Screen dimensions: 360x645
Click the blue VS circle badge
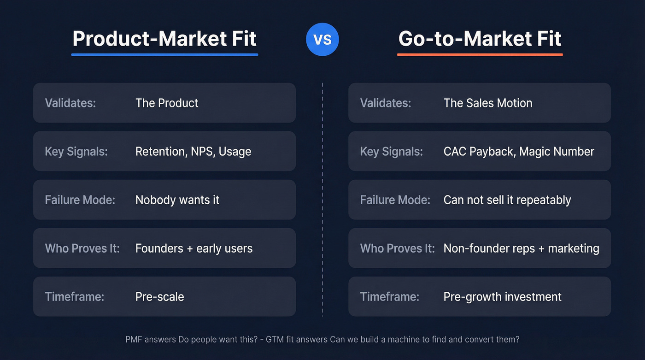[322, 39]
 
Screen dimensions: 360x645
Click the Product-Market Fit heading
[164, 38]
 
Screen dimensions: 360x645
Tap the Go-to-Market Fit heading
[480, 38]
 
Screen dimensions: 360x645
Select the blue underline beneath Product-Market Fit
[164, 54]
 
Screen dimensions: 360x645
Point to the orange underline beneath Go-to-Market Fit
[480, 54]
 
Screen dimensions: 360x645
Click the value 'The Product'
[167, 103]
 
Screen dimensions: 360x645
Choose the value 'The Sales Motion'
[487, 103]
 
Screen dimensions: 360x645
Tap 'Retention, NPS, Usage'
[193, 152]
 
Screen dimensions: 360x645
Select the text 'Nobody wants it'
[177, 200]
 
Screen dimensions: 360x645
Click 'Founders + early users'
[193, 248]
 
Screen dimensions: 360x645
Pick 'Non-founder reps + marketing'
[521, 248]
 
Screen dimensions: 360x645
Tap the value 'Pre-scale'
[159, 297]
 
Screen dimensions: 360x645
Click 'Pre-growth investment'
[502, 297]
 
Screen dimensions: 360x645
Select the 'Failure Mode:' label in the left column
[80, 200]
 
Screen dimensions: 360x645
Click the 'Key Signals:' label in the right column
[391, 152]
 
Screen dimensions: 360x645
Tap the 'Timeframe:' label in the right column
[389, 297]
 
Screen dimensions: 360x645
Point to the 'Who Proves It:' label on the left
[82, 248]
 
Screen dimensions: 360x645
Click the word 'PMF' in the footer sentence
[135, 340]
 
